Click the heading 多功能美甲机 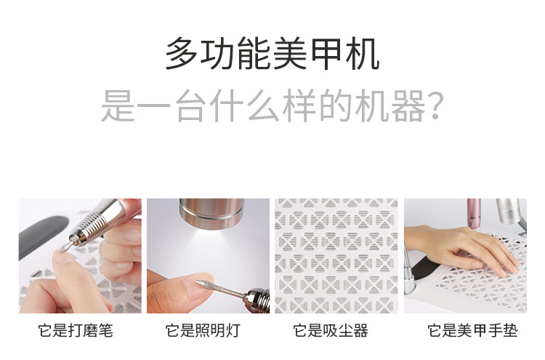pos(272,54)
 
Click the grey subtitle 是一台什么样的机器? pos(272,105)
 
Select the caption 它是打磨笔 pos(76,330)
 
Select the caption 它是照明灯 pos(203,330)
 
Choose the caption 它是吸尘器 pos(331,330)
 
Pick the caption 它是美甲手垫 pos(473,330)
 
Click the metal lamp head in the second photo pos(211,213)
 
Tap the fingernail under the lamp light pos(196,286)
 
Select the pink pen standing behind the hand pos(474,213)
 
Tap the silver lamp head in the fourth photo pos(509,211)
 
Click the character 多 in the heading pos(182,54)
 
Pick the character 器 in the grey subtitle pos(408,105)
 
